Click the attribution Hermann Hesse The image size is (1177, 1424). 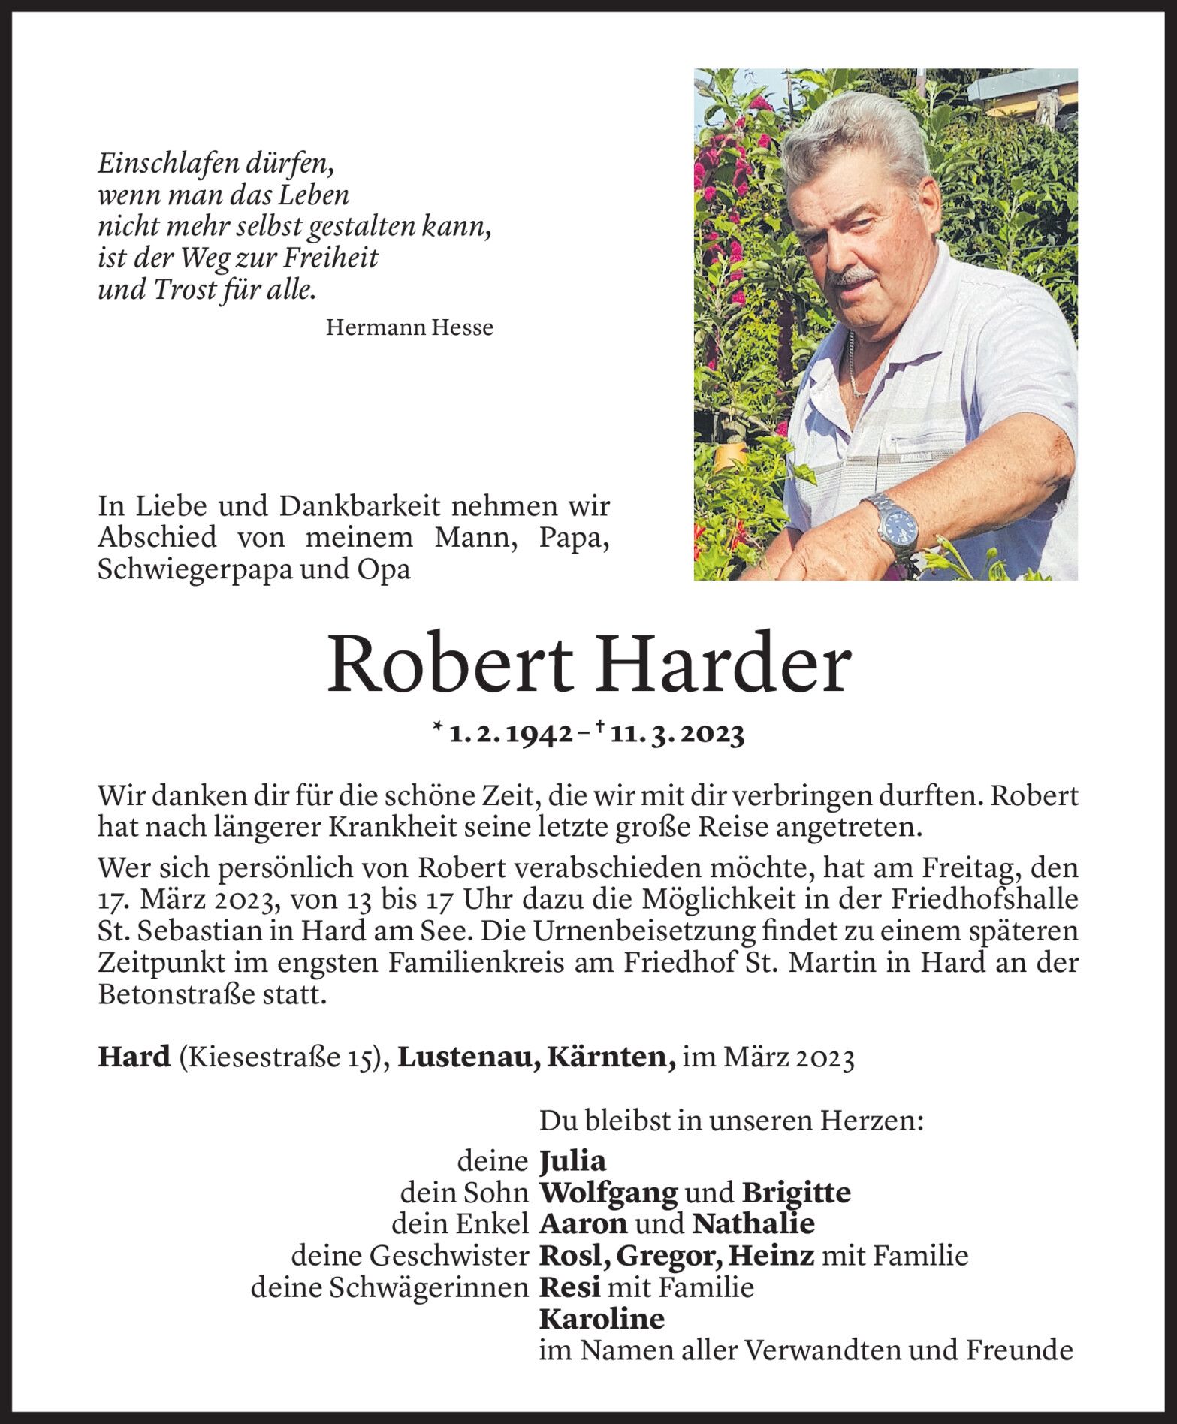tap(410, 327)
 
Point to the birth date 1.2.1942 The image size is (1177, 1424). tap(511, 734)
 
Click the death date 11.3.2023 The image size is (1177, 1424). tap(677, 734)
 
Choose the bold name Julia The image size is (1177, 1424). tap(572, 1161)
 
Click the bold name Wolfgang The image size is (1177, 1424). tap(608, 1193)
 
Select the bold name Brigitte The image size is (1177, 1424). tap(796, 1193)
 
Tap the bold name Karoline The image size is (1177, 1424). tap(602, 1319)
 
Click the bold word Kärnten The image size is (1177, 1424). tap(611, 1057)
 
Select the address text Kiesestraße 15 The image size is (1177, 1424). tap(277, 1057)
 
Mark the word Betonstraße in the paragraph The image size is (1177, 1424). tap(177, 995)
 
